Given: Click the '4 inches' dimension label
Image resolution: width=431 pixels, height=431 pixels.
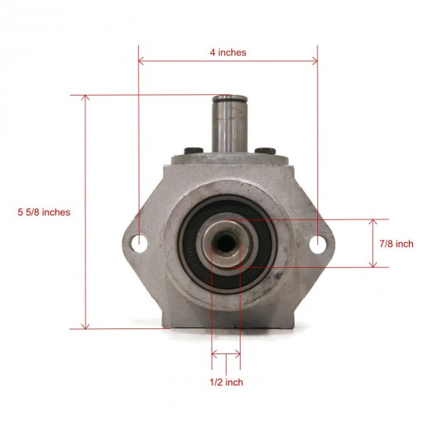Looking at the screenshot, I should tap(228, 53).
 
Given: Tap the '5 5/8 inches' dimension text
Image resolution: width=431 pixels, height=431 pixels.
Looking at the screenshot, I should tap(44, 212).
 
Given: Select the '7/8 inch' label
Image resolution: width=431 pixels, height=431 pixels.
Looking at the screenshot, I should tap(395, 244).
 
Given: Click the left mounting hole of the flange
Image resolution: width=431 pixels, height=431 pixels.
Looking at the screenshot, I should tap(141, 244).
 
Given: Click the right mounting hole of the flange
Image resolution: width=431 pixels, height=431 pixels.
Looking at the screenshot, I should tap(316, 244).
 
